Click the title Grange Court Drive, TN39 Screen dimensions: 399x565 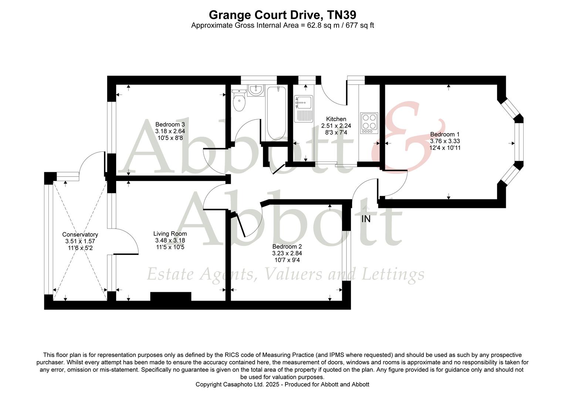282,15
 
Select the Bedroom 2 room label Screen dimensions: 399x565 287,247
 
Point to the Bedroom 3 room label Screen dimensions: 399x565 170,125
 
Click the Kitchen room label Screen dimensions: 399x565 336,119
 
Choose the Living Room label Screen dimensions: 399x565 170,234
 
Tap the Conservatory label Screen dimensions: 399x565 80,235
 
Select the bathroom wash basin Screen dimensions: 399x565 255,90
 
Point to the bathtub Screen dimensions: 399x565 276,113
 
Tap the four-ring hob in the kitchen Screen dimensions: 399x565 369,123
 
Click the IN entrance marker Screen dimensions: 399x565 366,219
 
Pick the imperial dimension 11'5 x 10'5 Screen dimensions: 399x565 170,247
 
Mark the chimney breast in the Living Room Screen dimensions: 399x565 170,297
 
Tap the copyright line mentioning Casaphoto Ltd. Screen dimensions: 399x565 282,384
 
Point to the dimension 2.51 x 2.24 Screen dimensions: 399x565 336,126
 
